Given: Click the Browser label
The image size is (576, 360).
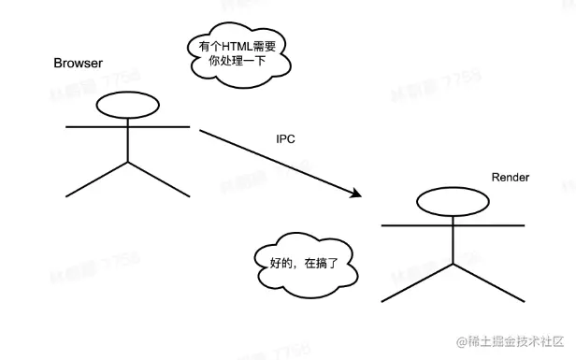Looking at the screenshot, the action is [79, 63].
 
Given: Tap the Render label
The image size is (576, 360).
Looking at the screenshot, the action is [511, 178].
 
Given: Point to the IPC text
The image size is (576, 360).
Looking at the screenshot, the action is [286, 138].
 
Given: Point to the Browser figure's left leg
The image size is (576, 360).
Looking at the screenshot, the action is [97, 180].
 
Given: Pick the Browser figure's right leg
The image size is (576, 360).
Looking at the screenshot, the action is [158, 180].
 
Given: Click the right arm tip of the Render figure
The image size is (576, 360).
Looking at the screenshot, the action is [523, 225].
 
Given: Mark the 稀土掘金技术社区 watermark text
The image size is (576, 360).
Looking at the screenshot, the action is [509, 344].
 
